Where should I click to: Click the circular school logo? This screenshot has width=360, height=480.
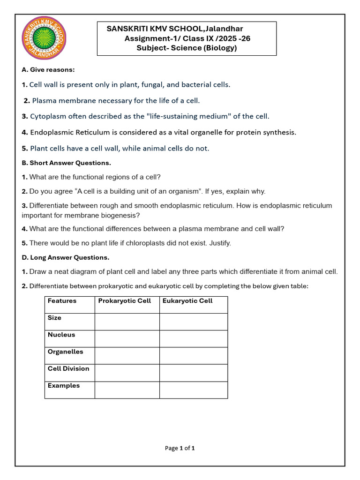coord(44,42)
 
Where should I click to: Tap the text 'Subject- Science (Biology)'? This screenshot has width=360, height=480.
coord(187,48)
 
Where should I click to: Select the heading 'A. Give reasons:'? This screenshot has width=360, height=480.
coord(48,70)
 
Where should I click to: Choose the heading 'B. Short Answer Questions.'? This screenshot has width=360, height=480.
coord(66,163)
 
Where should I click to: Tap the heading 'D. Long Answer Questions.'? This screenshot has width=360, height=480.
coord(65,257)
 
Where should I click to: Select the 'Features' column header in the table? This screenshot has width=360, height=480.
coord(62,301)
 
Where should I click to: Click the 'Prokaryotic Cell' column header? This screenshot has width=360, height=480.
coord(124,301)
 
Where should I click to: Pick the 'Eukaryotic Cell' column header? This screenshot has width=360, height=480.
coord(187,301)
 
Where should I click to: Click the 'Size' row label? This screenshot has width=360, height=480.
coord(54,318)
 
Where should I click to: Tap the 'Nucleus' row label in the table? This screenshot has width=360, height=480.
coord(61,335)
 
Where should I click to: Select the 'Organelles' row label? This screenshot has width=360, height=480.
coord(65,352)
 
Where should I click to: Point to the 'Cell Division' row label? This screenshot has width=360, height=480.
coord(68,368)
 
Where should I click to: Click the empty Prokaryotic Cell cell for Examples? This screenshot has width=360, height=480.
coord(127,390)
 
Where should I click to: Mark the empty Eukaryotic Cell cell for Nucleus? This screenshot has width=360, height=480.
coord(193,338)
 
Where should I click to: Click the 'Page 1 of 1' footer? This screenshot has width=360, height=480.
coord(180,448)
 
